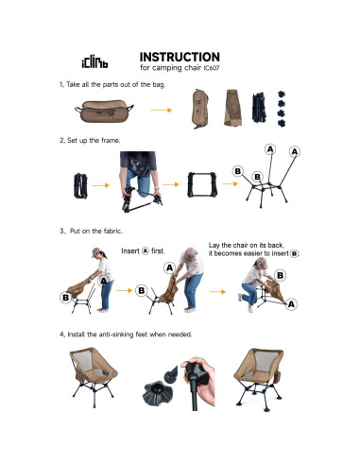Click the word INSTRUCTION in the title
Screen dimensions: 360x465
(x=180, y=57)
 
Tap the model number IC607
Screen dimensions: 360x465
(x=212, y=68)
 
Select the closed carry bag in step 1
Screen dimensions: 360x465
(x=104, y=112)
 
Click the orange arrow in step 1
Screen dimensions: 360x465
(x=162, y=110)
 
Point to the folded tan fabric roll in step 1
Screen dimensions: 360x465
(x=233, y=108)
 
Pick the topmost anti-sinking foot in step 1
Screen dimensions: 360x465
(x=282, y=94)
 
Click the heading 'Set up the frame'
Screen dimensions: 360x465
(x=94, y=140)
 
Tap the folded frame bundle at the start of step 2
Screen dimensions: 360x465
(x=80, y=185)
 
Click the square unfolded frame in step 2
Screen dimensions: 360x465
(x=202, y=184)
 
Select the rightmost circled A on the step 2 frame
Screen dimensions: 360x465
(x=295, y=152)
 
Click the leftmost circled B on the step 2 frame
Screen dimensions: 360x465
(x=238, y=171)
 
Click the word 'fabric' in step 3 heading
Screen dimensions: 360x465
(x=111, y=231)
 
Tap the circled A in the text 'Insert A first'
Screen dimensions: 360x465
(x=145, y=250)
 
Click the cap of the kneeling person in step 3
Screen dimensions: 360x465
(x=261, y=262)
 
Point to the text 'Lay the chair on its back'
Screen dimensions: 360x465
(x=246, y=245)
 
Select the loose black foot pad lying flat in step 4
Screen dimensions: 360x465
(x=157, y=392)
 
